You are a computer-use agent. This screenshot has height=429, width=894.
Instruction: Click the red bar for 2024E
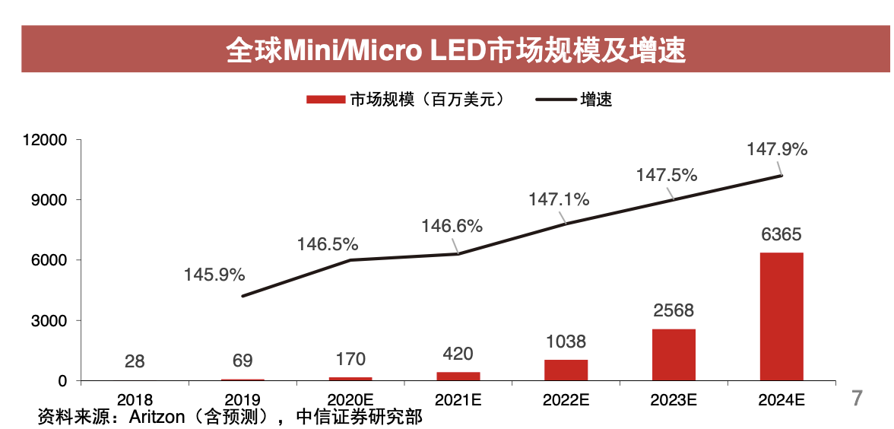781,316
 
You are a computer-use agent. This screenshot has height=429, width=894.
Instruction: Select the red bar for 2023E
674,354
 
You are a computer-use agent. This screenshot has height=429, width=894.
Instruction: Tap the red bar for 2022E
566,370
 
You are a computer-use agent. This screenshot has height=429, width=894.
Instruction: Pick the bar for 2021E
458,376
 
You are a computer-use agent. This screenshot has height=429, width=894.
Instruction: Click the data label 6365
781,234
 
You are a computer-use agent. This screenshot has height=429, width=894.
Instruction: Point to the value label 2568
674,311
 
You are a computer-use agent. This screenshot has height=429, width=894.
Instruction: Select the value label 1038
566,342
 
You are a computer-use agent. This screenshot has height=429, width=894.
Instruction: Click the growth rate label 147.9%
777,149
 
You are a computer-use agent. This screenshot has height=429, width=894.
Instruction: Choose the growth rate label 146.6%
452,226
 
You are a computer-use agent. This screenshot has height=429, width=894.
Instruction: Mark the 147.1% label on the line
559,200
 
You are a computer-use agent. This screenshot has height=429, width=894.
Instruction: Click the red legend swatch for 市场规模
325,100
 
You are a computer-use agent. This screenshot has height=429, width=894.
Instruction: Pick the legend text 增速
596,100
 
